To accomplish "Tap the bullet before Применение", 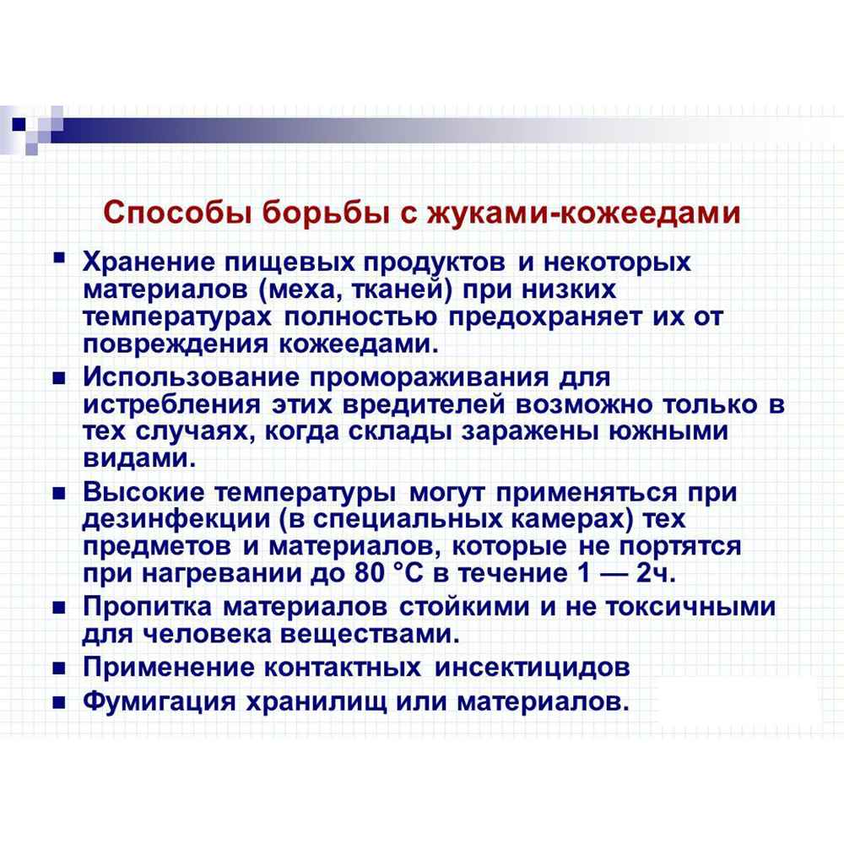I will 59,668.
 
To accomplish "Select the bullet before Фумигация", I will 59,702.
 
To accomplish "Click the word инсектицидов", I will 533,667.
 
